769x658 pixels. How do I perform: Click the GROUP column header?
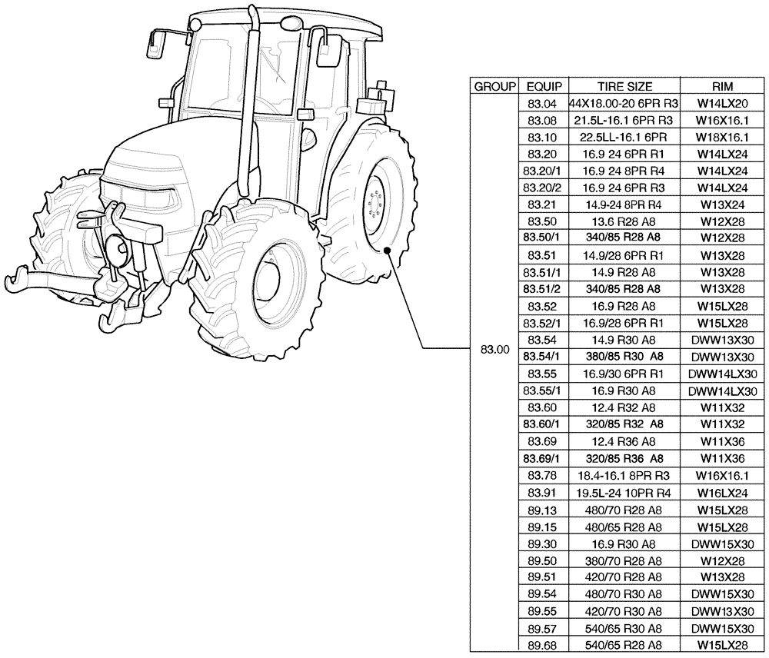pos(494,86)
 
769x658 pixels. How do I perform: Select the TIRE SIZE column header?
pos(624,86)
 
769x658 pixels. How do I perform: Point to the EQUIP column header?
pos(542,86)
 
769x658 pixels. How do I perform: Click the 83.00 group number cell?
pos(494,350)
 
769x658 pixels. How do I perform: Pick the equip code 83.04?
pos(542,103)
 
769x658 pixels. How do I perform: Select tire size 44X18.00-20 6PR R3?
pos(624,103)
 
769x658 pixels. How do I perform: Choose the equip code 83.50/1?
pos(542,238)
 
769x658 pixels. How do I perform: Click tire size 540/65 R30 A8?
pos(624,628)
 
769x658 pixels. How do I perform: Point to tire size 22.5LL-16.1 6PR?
pos(624,137)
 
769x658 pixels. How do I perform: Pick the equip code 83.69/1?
pos(542,459)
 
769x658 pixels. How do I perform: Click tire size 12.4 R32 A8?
pos(624,407)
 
